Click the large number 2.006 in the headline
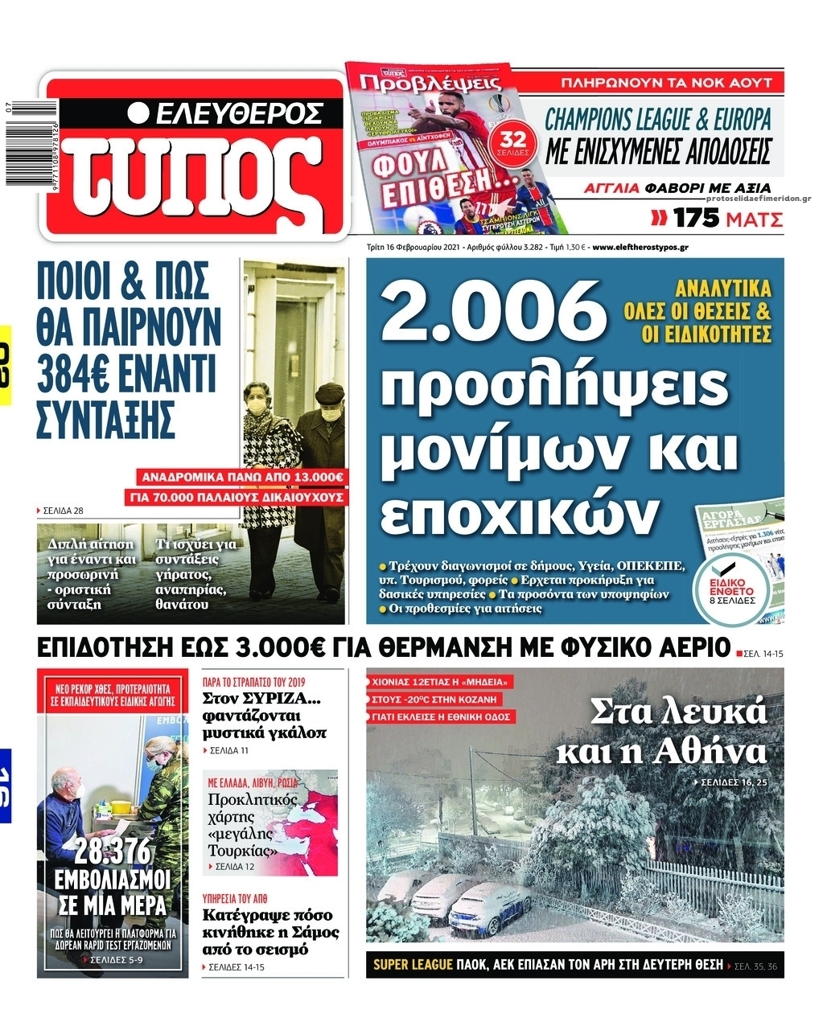492,312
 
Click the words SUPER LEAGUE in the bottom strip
413,965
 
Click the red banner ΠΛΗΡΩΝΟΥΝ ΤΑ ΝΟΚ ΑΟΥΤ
665,82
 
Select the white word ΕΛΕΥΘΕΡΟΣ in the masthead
238,113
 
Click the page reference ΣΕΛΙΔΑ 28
64,511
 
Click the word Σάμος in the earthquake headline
313,932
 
